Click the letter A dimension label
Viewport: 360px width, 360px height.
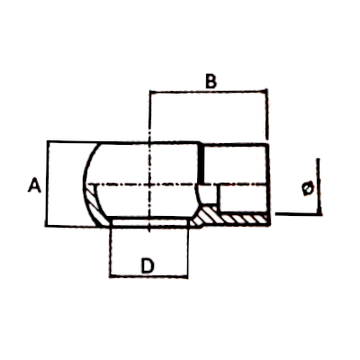pyautogui.click(x=34, y=184)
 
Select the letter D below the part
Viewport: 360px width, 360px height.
pyautogui.click(x=148, y=265)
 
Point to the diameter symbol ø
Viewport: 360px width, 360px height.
pyautogui.click(x=308, y=188)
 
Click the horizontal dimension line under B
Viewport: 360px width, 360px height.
pyautogui.click(x=208, y=92)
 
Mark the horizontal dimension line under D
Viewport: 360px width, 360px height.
pyautogui.click(x=148, y=275)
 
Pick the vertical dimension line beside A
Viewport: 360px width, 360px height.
pyautogui.click(x=47, y=184)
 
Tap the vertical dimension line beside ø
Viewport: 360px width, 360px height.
pyautogui.click(x=319, y=186)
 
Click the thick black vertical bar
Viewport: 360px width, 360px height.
pyautogui.click(x=202, y=164)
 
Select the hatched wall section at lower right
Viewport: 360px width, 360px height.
pyautogui.click(x=231, y=217)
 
